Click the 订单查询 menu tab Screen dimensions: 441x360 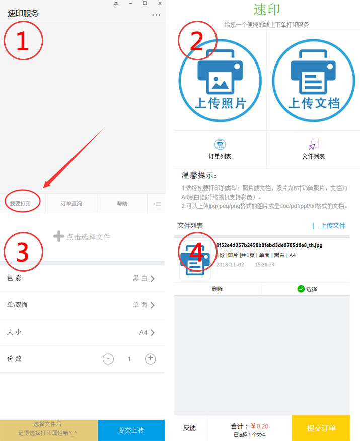pos(71,204)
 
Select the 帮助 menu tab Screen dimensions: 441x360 pos(122,204)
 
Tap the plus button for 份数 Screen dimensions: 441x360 pos(150,359)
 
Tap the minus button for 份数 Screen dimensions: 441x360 pos(108,359)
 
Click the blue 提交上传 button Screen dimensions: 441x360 pos(131,430)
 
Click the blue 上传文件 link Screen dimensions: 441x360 pos(333,226)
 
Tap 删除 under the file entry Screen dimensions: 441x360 pos(218,289)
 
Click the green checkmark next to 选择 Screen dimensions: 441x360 pos(301,289)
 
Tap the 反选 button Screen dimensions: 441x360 pos(189,428)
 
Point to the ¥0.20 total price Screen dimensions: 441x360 pos(260,426)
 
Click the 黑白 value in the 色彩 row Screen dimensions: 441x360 pos(140,278)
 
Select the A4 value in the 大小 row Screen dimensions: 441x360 pos(143,332)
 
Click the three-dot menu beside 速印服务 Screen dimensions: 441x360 pos(156,15)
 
